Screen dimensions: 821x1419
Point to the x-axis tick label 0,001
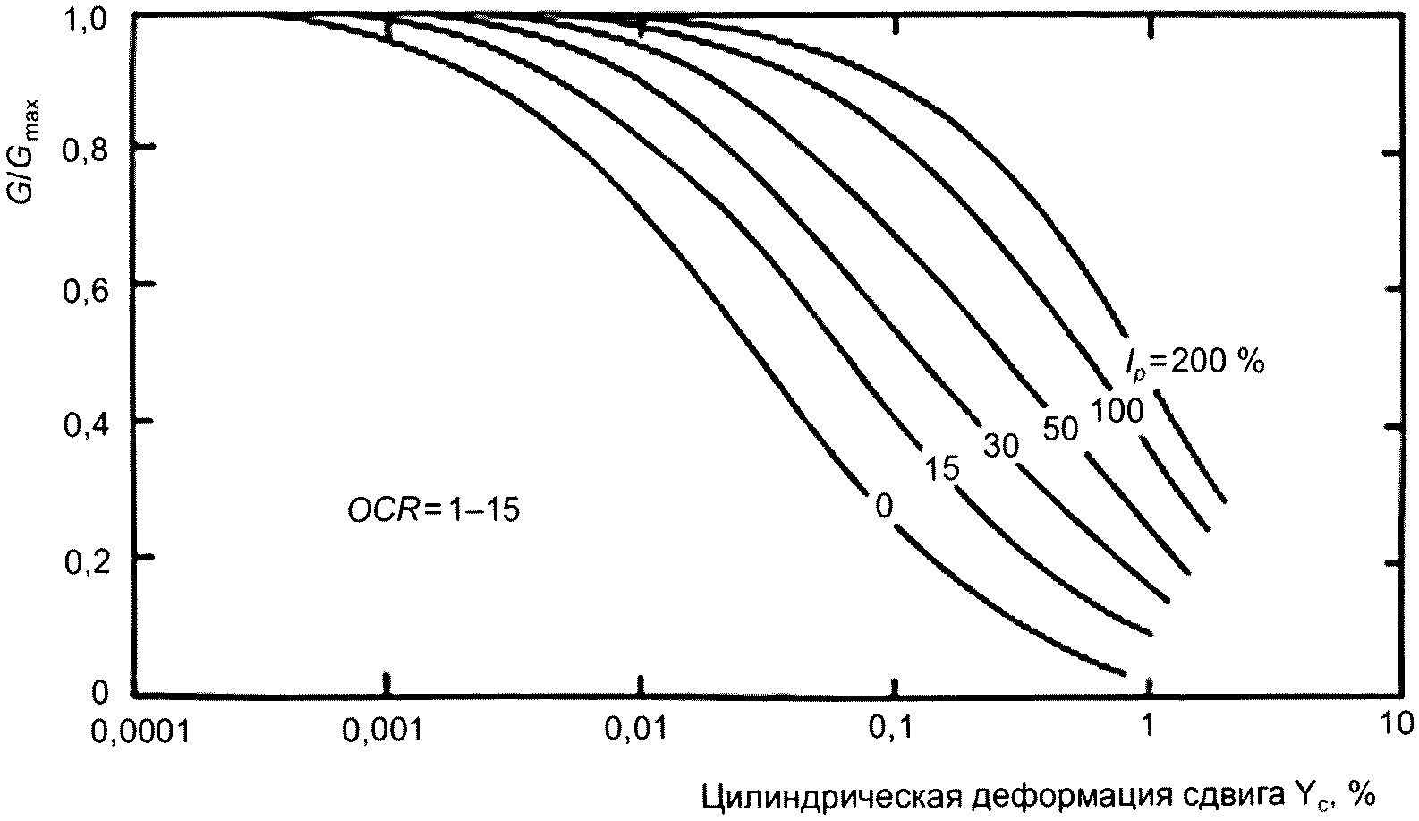coord(387,732)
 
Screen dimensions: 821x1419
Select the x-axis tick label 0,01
coord(637,732)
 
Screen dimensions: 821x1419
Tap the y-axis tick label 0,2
coord(85,559)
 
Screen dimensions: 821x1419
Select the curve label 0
coord(883,507)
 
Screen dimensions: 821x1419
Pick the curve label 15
coord(941,467)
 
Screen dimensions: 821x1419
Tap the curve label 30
coord(1000,445)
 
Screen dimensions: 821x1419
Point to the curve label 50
coord(1061,429)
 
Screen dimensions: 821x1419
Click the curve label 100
coord(1117,411)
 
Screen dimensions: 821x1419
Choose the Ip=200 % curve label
coord(1194,362)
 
